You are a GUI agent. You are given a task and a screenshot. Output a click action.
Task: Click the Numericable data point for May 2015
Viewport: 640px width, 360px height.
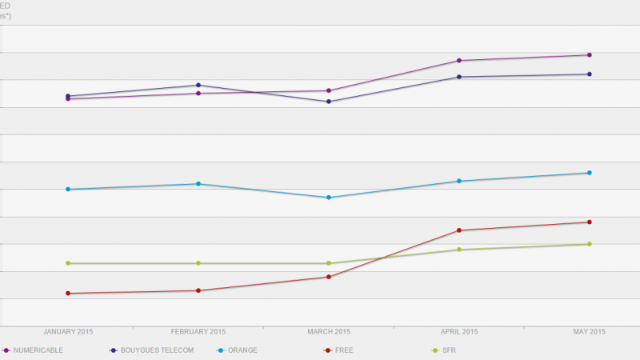(590, 55)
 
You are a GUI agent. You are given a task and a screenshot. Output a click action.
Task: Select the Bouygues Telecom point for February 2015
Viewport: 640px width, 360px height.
(198, 85)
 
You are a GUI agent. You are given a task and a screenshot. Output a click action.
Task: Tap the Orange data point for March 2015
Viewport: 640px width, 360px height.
(329, 198)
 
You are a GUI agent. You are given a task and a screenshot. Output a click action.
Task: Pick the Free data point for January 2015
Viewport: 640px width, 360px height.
(68, 294)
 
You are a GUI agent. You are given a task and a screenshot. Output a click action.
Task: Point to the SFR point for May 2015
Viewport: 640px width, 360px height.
(590, 244)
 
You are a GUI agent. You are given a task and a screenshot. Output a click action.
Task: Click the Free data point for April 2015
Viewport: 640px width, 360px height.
(459, 230)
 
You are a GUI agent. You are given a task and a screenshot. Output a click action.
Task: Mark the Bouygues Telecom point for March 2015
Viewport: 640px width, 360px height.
(329, 102)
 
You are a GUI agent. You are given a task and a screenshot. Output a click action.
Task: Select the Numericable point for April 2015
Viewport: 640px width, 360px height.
(459, 61)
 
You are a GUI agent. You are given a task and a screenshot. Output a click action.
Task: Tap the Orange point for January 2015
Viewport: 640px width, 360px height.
(68, 190)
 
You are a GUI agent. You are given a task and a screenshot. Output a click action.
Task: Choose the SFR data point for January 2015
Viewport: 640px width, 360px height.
(68, 263)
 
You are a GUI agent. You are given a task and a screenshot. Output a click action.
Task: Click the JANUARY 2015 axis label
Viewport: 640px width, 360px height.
(68, 332)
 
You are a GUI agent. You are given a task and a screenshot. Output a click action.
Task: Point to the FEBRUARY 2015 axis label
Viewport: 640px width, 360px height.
(198, 332)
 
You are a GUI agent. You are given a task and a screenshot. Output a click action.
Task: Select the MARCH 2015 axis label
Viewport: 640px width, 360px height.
(329, 332)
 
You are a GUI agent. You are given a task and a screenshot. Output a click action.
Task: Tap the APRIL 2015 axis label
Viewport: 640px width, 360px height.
(459, 332)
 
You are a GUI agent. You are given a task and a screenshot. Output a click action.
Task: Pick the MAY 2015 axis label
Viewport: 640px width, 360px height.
(590, 332)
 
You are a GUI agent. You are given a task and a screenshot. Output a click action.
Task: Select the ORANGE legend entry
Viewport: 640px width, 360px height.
(242, 350)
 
